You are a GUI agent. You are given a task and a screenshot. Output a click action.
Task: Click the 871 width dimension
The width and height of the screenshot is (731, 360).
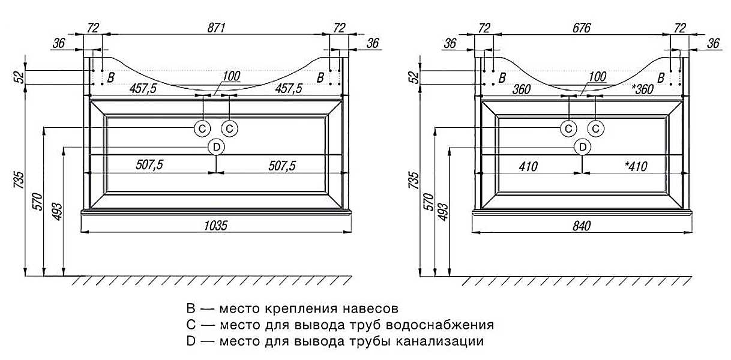[x=216, y=28]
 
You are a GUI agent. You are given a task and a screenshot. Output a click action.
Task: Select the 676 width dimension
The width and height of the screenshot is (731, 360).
[x=582, y=28]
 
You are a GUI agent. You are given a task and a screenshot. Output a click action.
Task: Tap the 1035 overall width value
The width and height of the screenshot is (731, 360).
[x=215, y=226]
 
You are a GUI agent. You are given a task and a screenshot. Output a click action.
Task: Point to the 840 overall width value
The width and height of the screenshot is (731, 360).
[x=582, y=226]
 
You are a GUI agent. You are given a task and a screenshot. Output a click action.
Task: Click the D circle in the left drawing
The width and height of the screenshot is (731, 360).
[x=217, y=147]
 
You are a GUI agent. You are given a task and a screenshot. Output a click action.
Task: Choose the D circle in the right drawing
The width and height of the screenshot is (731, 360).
[x=583, y=148]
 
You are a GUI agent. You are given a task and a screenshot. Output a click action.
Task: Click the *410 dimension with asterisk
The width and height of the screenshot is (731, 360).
[x=636, y=166]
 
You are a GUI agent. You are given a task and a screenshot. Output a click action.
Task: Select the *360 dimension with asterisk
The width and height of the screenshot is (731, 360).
[x=643, y=89]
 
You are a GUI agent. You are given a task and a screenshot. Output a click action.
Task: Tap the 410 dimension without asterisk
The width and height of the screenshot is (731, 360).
[x=528, y=167]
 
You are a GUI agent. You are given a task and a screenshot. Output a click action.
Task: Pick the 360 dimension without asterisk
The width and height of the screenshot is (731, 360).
[x=521, y=89]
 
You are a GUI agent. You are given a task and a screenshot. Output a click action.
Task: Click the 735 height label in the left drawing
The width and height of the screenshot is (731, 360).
[x=20, y=180]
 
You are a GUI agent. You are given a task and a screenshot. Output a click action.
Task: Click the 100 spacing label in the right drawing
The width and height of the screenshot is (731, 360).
[x=597, y=77]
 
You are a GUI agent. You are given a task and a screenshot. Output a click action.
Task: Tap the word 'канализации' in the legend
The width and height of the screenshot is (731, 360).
[x=440, y=341]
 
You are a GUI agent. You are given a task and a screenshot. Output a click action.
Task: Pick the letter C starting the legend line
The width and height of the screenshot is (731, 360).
[x=191, y=325]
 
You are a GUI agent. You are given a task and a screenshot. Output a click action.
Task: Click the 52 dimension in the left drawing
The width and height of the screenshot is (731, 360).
[x=20, y=77]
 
